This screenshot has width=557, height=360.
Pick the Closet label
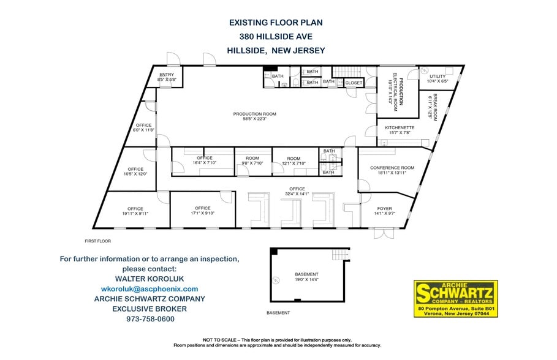pos(354,82)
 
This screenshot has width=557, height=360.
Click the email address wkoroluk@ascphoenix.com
pos(150,288)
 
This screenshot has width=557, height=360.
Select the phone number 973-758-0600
pos(150,319)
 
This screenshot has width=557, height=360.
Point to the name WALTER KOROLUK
pos(150,279)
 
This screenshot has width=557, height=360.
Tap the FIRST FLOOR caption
pos(98,242)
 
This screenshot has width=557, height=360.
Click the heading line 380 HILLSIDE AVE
pos(276,36)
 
